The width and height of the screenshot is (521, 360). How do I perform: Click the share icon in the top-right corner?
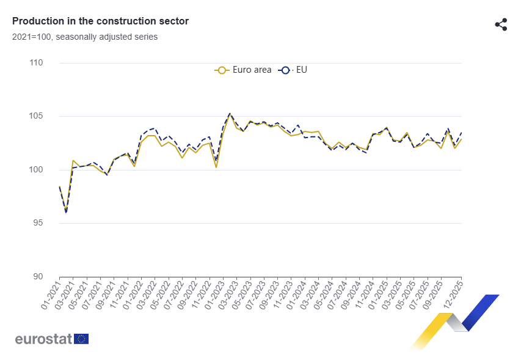[x=501, y=24]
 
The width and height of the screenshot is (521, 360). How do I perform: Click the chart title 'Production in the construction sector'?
[x=100, y=21]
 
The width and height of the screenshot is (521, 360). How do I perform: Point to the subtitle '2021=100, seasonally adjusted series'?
[x=85, y=37]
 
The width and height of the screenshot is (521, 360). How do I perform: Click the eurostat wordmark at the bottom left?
[x=43, y=339]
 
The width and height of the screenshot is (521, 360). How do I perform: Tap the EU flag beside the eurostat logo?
[x=81, y=339]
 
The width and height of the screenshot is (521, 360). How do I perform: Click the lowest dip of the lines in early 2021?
[x=66, y=211]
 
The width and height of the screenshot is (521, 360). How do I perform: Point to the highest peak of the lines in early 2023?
[x=230, y=113]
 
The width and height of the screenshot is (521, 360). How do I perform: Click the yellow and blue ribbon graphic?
[x=454, y=321]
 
